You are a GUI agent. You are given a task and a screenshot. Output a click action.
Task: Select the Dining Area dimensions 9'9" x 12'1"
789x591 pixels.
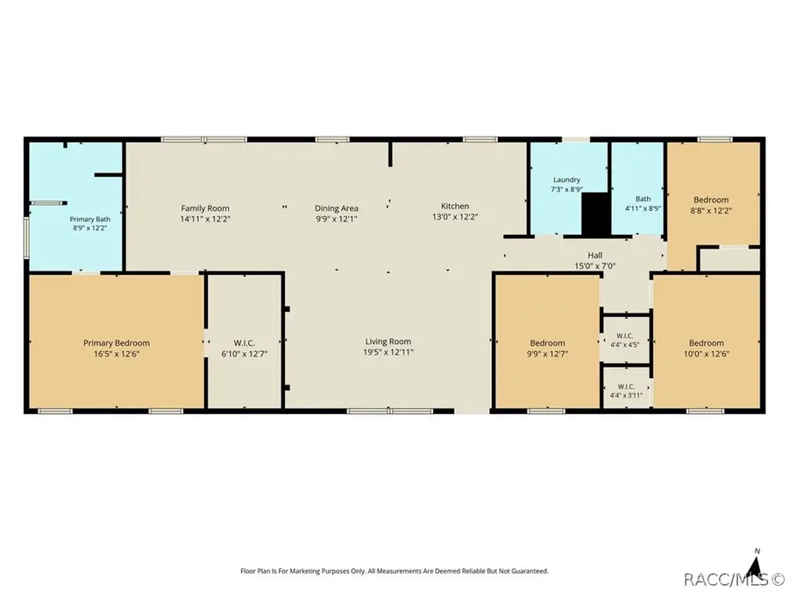(x=336, y=219)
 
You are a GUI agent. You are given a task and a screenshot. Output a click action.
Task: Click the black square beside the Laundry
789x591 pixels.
(x=596, y=214)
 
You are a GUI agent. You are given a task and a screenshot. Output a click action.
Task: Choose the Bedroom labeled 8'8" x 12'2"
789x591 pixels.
(x=711, y=205)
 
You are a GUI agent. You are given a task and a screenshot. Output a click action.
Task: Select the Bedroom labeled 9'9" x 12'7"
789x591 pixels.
(x=547, y=348)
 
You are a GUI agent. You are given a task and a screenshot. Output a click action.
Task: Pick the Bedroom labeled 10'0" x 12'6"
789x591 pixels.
(x=707, y=348)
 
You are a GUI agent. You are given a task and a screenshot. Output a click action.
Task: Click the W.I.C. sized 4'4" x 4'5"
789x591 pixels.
(x=625, y=340)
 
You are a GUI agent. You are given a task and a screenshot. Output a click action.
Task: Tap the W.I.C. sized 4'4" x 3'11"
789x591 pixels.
(x=626, y=390)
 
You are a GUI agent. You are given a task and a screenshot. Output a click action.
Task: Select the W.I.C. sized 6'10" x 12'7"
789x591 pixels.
(x=245, y=348)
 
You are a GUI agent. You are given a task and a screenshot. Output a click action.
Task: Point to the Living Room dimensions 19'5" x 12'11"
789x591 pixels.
(x=388, y=352)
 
